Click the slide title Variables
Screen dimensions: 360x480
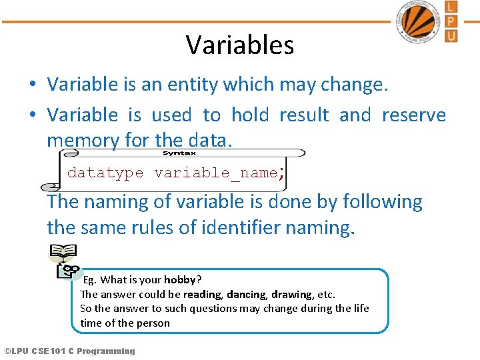239,45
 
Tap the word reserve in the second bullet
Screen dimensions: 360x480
413,115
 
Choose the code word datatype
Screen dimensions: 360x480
105,173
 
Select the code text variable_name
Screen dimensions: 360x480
215,173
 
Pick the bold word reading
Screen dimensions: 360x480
202,294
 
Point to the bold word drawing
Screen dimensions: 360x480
291,294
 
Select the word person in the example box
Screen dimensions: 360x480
154,323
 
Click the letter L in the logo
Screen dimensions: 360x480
451,7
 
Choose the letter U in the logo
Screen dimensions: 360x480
451,35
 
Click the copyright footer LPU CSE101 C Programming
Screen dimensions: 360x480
69,351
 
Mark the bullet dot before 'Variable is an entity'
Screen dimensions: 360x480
32,85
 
